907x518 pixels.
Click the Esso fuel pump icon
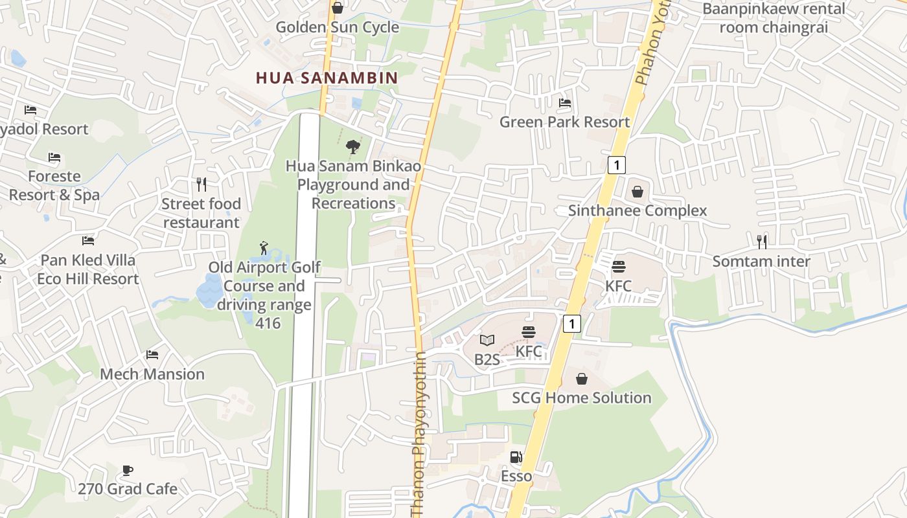point(516,456)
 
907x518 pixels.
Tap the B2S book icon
point(487,340)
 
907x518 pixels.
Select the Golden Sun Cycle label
point(337,27)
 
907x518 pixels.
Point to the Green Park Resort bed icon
point(565,103)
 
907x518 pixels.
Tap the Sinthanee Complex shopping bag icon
point(637,192)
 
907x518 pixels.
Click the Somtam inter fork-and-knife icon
point(762,242)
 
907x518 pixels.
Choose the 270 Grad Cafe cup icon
point(128,470)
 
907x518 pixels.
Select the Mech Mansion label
point(152,374)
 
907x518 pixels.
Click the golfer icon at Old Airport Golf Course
point(264,248)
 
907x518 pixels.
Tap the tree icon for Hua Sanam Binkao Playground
point(353,147)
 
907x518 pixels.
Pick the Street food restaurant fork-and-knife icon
point(201,185)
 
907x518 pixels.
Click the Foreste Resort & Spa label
point(54,185)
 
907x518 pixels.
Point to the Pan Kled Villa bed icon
point(88,241)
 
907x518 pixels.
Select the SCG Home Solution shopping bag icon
point(582,379)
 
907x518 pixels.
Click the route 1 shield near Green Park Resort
point(617,165)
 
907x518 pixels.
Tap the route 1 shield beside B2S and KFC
point(571,323)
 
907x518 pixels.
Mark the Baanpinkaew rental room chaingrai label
point(774,18)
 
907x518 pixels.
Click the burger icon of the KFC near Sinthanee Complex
point(619,266)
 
